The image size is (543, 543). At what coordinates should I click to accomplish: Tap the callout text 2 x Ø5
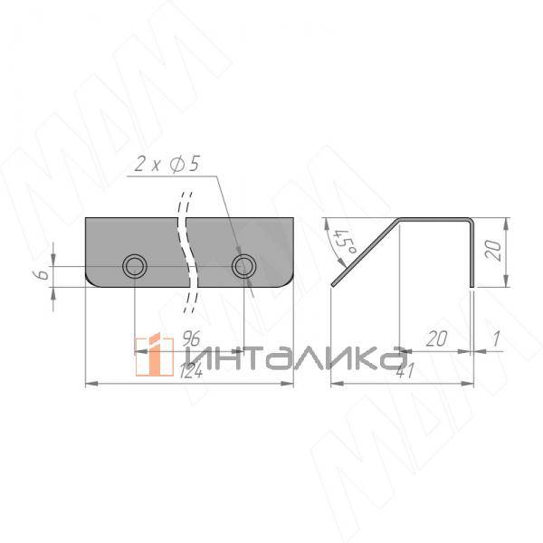[x=167, y=164]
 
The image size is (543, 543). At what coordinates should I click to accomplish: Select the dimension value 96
[x=191, y=338]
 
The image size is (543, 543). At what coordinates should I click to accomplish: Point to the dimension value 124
[x=191, y=372]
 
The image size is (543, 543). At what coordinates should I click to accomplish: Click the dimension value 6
[x=43, y=274]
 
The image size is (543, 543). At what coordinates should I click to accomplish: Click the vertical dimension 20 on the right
[x=493, y=250]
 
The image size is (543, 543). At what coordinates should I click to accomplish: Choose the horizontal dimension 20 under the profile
[x=436, y=338]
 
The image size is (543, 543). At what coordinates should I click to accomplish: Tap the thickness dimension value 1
[x=497, y=338]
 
